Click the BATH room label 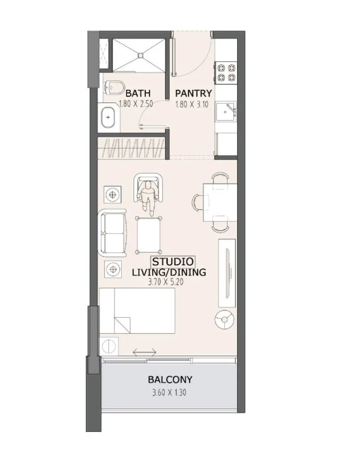[138, 93]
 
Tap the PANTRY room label [193, 93]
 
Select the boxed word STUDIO [173, 261]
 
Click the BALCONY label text [170, 380]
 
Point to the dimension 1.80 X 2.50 [136, 104]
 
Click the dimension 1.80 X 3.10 [192, 104]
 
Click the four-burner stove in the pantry [226, 72]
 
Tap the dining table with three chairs [220, 202]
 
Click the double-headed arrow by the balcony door [144, 351]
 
